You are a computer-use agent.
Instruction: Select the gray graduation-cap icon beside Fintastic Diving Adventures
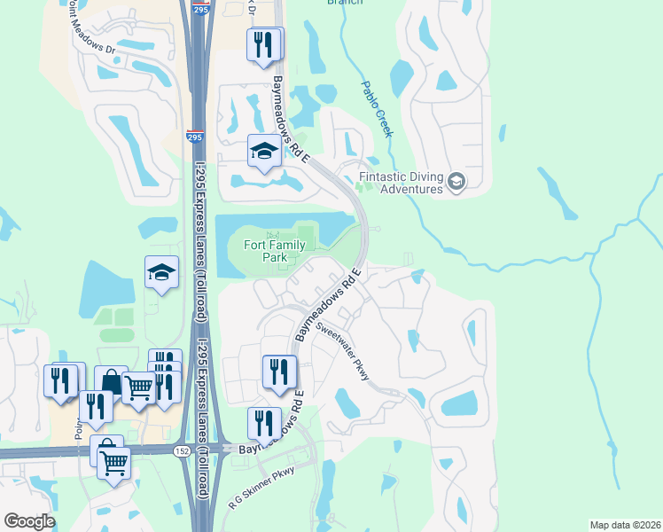click(x=456, y=182)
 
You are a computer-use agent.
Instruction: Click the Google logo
click(x=29, y=521)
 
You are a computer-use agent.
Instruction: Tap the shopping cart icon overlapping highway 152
click(x=114, y=462)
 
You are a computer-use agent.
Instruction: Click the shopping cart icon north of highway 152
click(x=138, y=387)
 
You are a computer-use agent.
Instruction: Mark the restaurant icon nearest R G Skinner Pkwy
click(x=263, y=423)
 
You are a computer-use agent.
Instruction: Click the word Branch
click(x=345, y=3)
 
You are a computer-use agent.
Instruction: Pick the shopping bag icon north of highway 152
click(x=111, y=382)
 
